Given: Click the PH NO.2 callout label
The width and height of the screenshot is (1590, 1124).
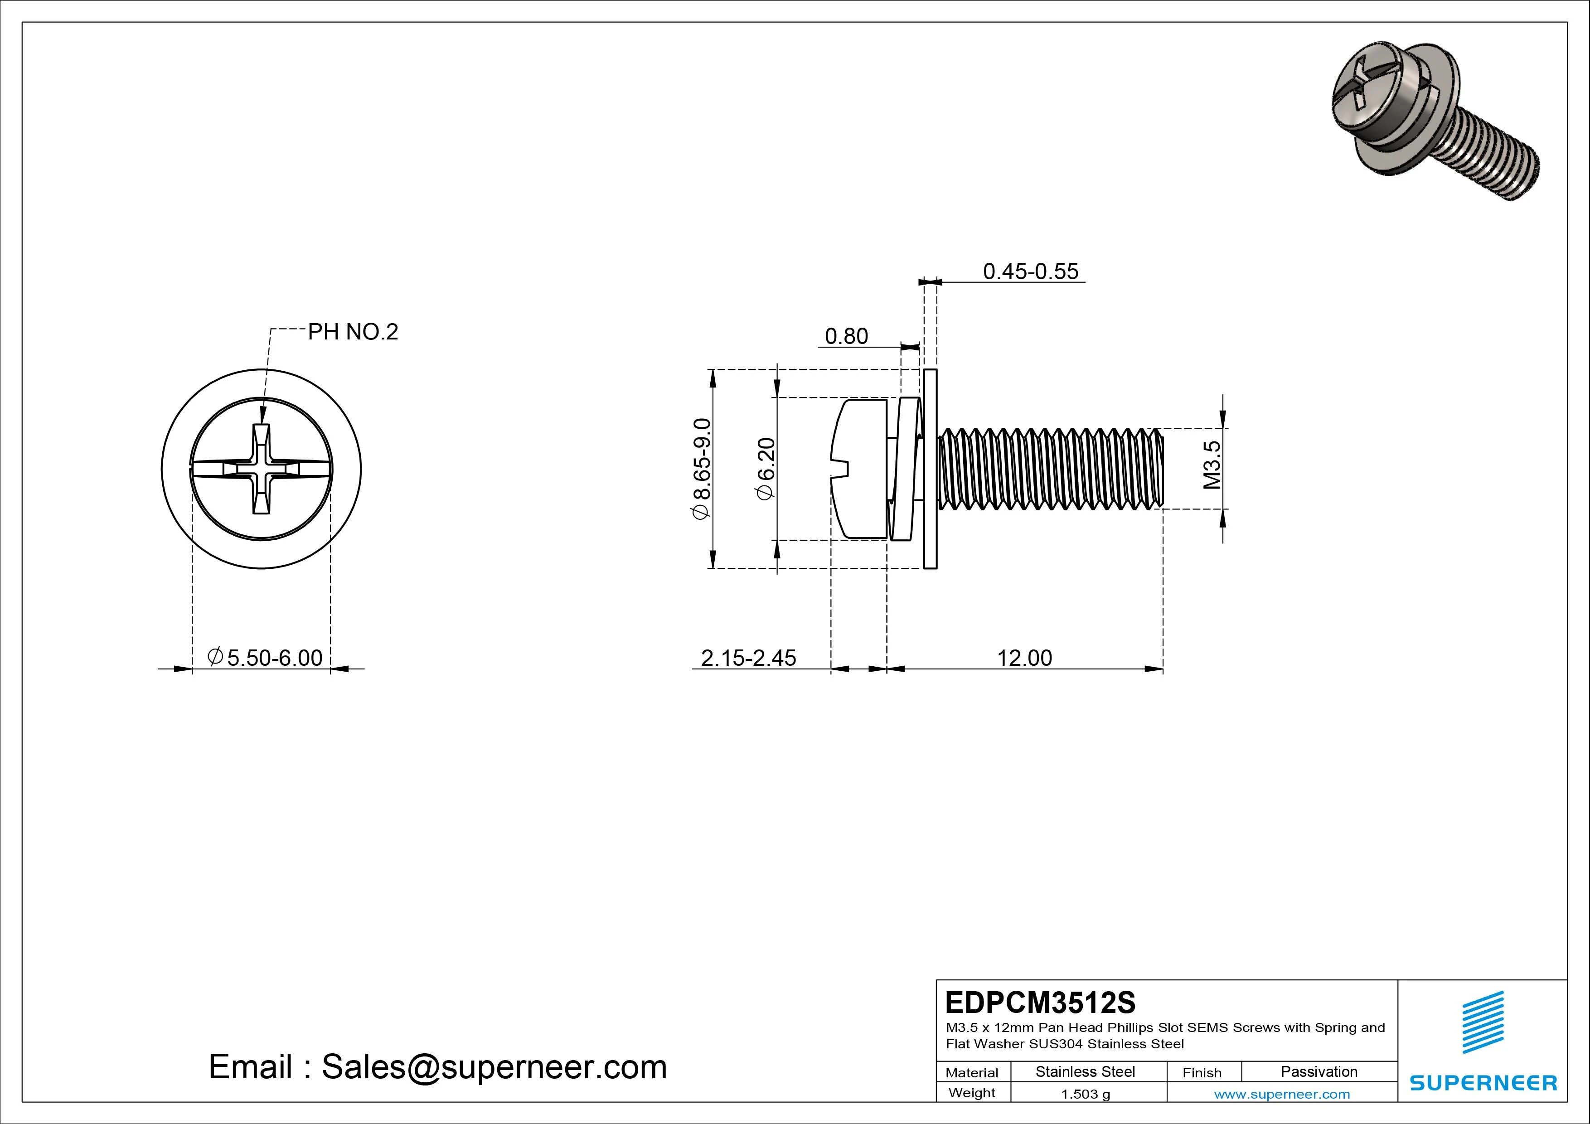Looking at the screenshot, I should (353, 332).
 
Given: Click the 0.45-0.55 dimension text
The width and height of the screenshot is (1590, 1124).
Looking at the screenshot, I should (1030, 271).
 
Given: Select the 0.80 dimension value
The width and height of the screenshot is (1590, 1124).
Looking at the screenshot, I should (846, 337).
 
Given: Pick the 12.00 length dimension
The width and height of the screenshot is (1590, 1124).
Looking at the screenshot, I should (1024, 658).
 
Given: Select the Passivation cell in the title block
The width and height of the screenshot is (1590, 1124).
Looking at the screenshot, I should (1319, 1071).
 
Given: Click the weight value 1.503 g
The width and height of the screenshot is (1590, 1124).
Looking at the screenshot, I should (1085, 1094).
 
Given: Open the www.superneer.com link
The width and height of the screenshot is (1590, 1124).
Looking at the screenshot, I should (1282, 1094).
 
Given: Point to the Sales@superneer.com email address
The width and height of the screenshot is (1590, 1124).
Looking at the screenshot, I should (494, 1067).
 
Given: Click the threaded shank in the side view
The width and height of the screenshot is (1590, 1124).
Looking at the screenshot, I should (1049, 469).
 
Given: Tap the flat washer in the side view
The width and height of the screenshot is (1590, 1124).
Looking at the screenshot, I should (930, 469).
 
